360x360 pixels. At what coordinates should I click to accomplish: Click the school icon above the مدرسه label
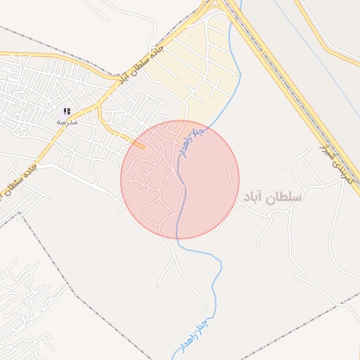tap(67, 111)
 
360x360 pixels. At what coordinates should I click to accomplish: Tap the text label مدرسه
tap(67, 121)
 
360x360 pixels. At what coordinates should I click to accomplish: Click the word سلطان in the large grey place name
tap(285, 198)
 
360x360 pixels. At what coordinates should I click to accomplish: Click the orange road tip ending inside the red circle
tap(143, 147)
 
